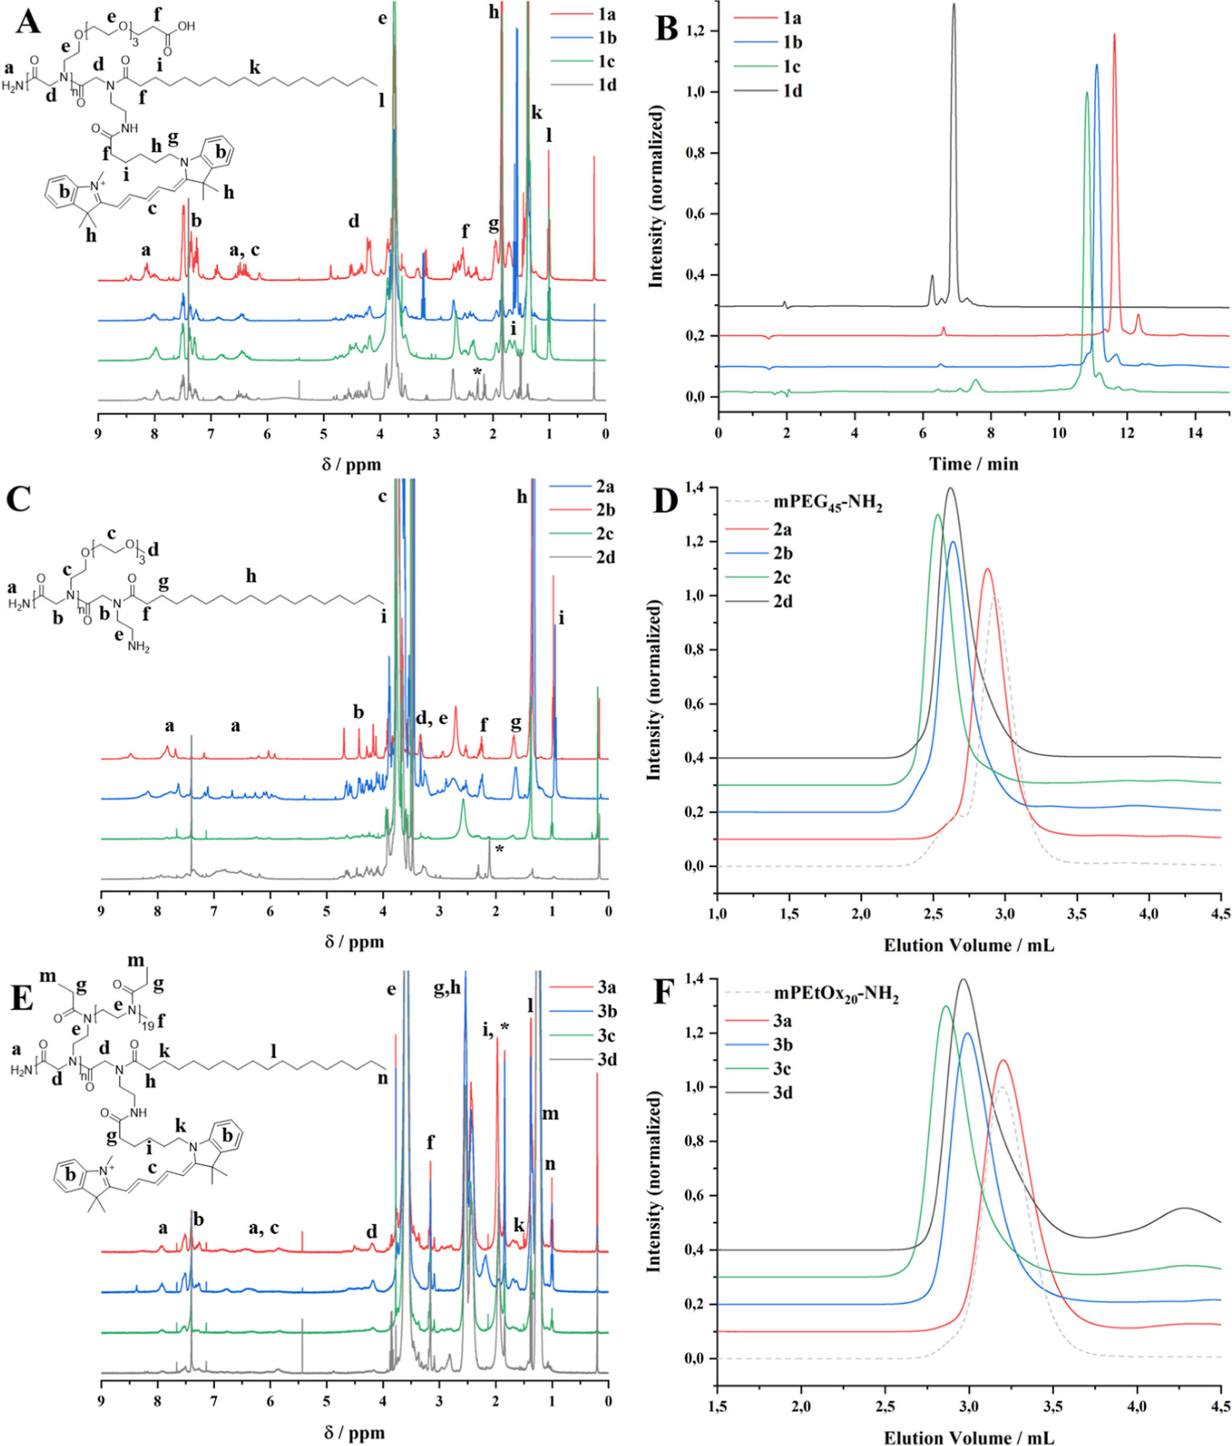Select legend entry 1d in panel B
point(793,91)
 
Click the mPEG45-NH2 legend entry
point(827,504)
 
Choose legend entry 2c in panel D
point(782,578)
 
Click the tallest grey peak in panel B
point(954,5)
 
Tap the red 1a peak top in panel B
point(1114,34)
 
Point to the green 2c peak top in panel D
point(937,515)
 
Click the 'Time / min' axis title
point(973,464)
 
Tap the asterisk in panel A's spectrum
point(477,372)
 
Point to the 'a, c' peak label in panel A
point(245,250)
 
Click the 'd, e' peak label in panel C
point(432,719)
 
